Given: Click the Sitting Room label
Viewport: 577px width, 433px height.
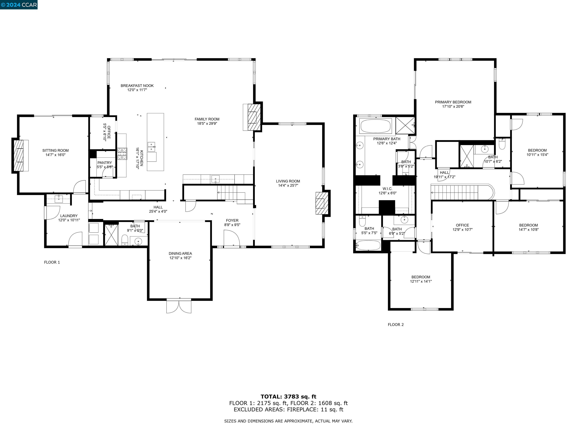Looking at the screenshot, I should point(56,150).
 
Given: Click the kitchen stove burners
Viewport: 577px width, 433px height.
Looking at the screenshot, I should point(122,154).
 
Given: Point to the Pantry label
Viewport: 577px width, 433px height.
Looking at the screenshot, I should point(105,163).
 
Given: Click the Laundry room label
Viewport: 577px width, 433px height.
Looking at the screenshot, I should point(69,216).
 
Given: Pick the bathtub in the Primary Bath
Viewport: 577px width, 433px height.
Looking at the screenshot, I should point(376,126).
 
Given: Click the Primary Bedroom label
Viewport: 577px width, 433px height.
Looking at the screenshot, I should point(453,102).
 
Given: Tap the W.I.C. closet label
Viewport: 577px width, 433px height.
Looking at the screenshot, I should point(387,189).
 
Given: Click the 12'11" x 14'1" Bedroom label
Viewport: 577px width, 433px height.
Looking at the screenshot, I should point(421,277).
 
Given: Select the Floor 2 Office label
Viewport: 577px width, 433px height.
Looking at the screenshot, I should point(462,225).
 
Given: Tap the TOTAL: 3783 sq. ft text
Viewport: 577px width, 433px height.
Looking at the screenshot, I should point(288,397).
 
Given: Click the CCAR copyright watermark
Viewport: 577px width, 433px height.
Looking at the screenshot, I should point(19,5).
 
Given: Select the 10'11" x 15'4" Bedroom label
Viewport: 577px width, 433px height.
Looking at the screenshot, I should point(537,150).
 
